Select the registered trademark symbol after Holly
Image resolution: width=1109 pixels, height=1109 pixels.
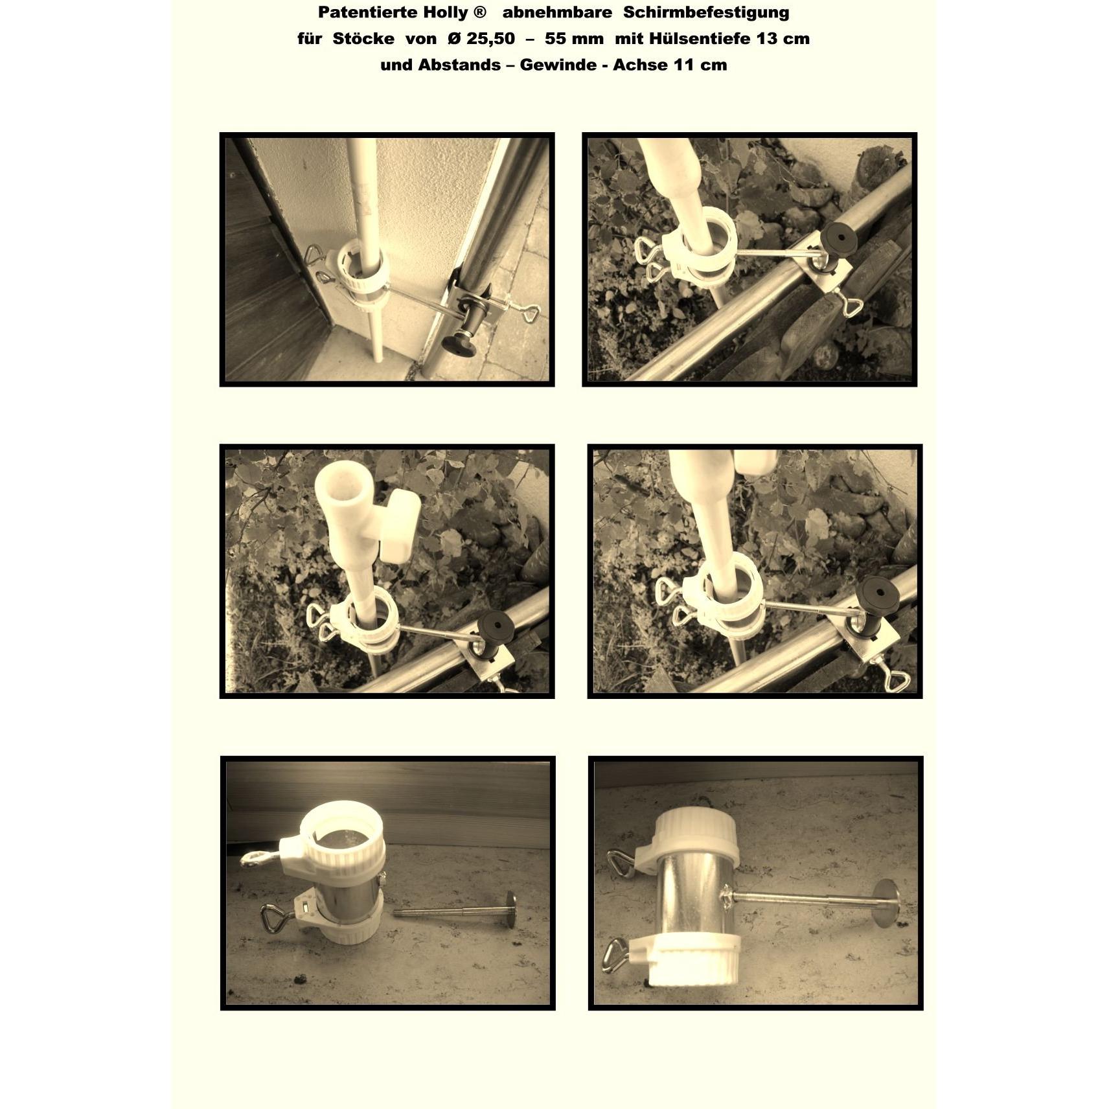click(480, 12)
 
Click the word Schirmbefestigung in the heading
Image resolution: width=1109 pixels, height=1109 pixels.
click(706, 13)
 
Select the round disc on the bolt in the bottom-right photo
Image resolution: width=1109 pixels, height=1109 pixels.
click(887, 903)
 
